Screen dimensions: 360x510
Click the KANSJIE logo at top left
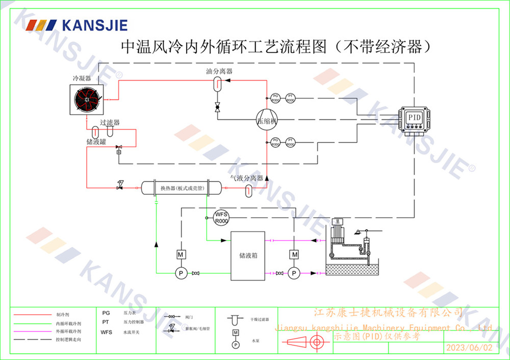click(x=77, y=25)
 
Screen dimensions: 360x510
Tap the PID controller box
click(x=414, y=118)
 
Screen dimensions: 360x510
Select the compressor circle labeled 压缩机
click(x=266, y=121)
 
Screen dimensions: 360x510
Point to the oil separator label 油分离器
click(x=219, y=71)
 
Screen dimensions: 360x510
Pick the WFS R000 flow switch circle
click(x=221, y=217)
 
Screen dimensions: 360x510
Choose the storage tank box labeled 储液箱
click(x=248, y=255)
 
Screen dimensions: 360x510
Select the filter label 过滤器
click(x=110, y=123)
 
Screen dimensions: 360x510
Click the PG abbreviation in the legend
click(x=106, y=313)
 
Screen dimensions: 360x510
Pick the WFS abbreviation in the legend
click(x=106, y=332)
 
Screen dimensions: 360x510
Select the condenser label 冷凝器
click(x=82, y=79)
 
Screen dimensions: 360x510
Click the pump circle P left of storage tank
click(x=180, y=274)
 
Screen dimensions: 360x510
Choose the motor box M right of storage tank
click(x=294, y=254)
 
